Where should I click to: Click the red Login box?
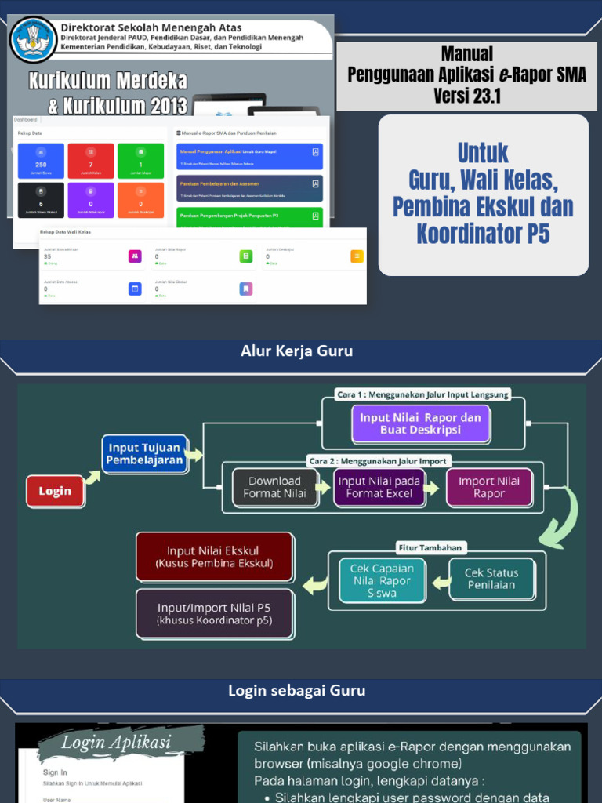[55, 491]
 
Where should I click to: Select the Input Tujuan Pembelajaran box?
[145, 454]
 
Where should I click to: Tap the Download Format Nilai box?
[274, 487]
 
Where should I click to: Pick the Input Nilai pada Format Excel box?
[379, 487]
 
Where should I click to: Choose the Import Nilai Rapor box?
[488, 487]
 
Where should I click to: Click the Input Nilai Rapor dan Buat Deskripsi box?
[420, 423]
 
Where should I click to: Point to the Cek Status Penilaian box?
[491, 579]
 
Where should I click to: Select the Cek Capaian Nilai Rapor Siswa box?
[382, 580]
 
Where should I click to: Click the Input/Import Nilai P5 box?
[214, 614]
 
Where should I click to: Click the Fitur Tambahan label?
[430, 547]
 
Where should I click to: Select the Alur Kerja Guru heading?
[296, 351]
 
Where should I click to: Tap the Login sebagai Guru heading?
[296, 691]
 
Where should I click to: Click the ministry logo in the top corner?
[34, 39]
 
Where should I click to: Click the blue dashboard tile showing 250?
[41, 161]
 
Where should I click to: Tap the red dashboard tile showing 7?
[91, 161]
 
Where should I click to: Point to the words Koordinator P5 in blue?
[483, 234]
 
